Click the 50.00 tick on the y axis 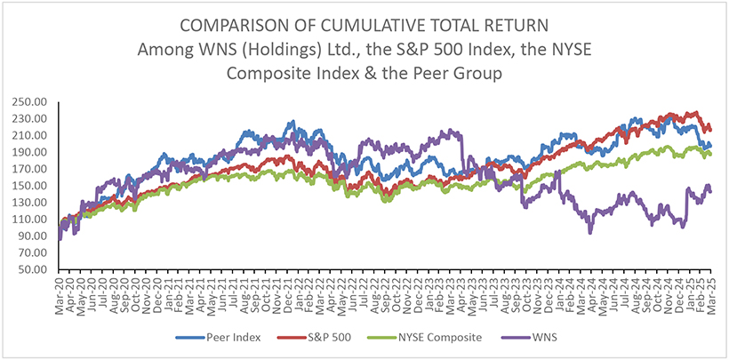tap(38, 269)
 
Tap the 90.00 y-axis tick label tap(38, 236)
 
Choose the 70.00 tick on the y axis tap(38, 252)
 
